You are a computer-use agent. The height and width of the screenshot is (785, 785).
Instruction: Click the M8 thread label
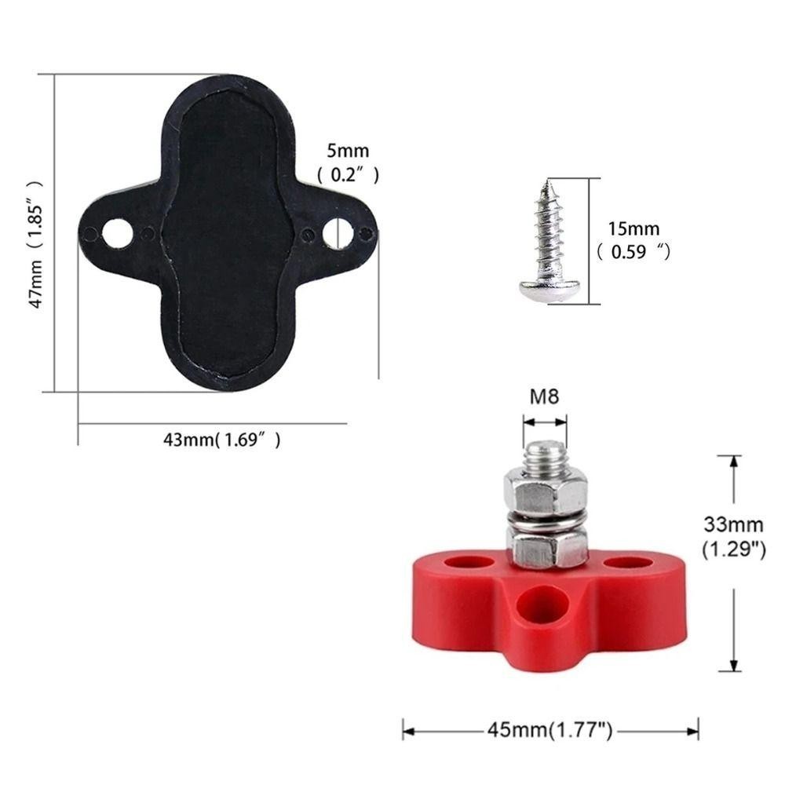click(544, 397)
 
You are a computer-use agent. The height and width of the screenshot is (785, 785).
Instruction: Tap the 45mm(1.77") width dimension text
click(549, 730)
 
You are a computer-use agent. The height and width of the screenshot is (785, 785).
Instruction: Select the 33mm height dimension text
click(733, 524)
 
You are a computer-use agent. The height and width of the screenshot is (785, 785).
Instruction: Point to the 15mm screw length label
click(633, 228)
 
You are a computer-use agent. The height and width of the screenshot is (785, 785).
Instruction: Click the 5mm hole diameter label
click(348, 151)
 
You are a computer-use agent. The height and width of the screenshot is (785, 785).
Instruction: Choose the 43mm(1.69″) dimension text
click(222, 440)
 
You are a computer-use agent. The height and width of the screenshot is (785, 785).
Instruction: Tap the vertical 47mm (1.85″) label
click(35, 244)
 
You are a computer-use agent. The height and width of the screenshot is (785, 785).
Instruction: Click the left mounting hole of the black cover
click(118, 234)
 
